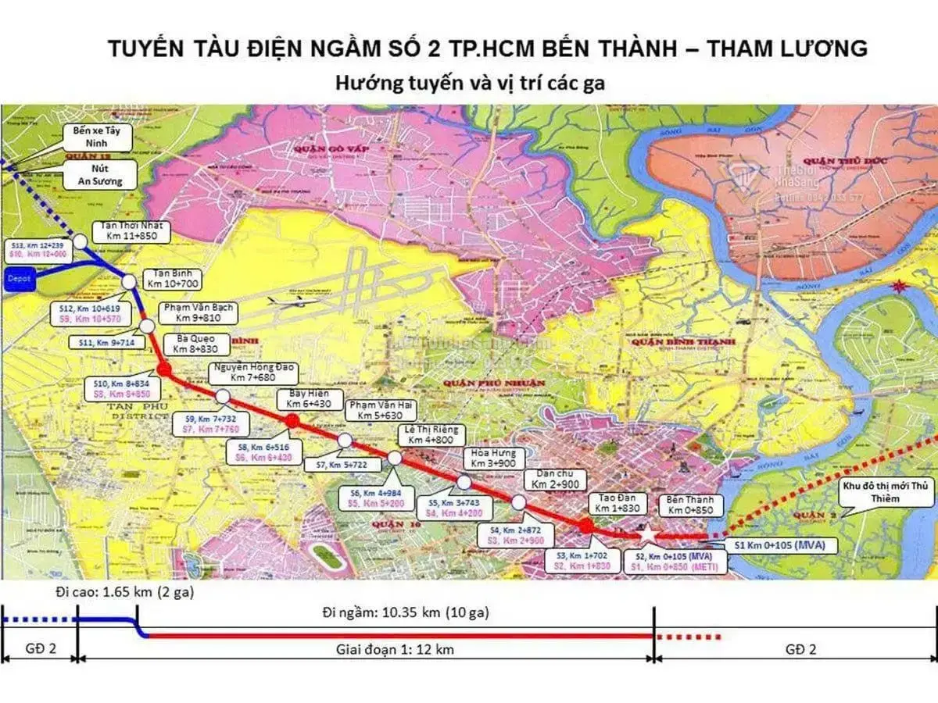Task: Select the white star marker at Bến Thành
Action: [647, 533]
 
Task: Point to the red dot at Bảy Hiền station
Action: [292, 421]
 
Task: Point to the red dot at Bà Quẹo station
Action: [164, 369]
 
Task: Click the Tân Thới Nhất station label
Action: [127, 230]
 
